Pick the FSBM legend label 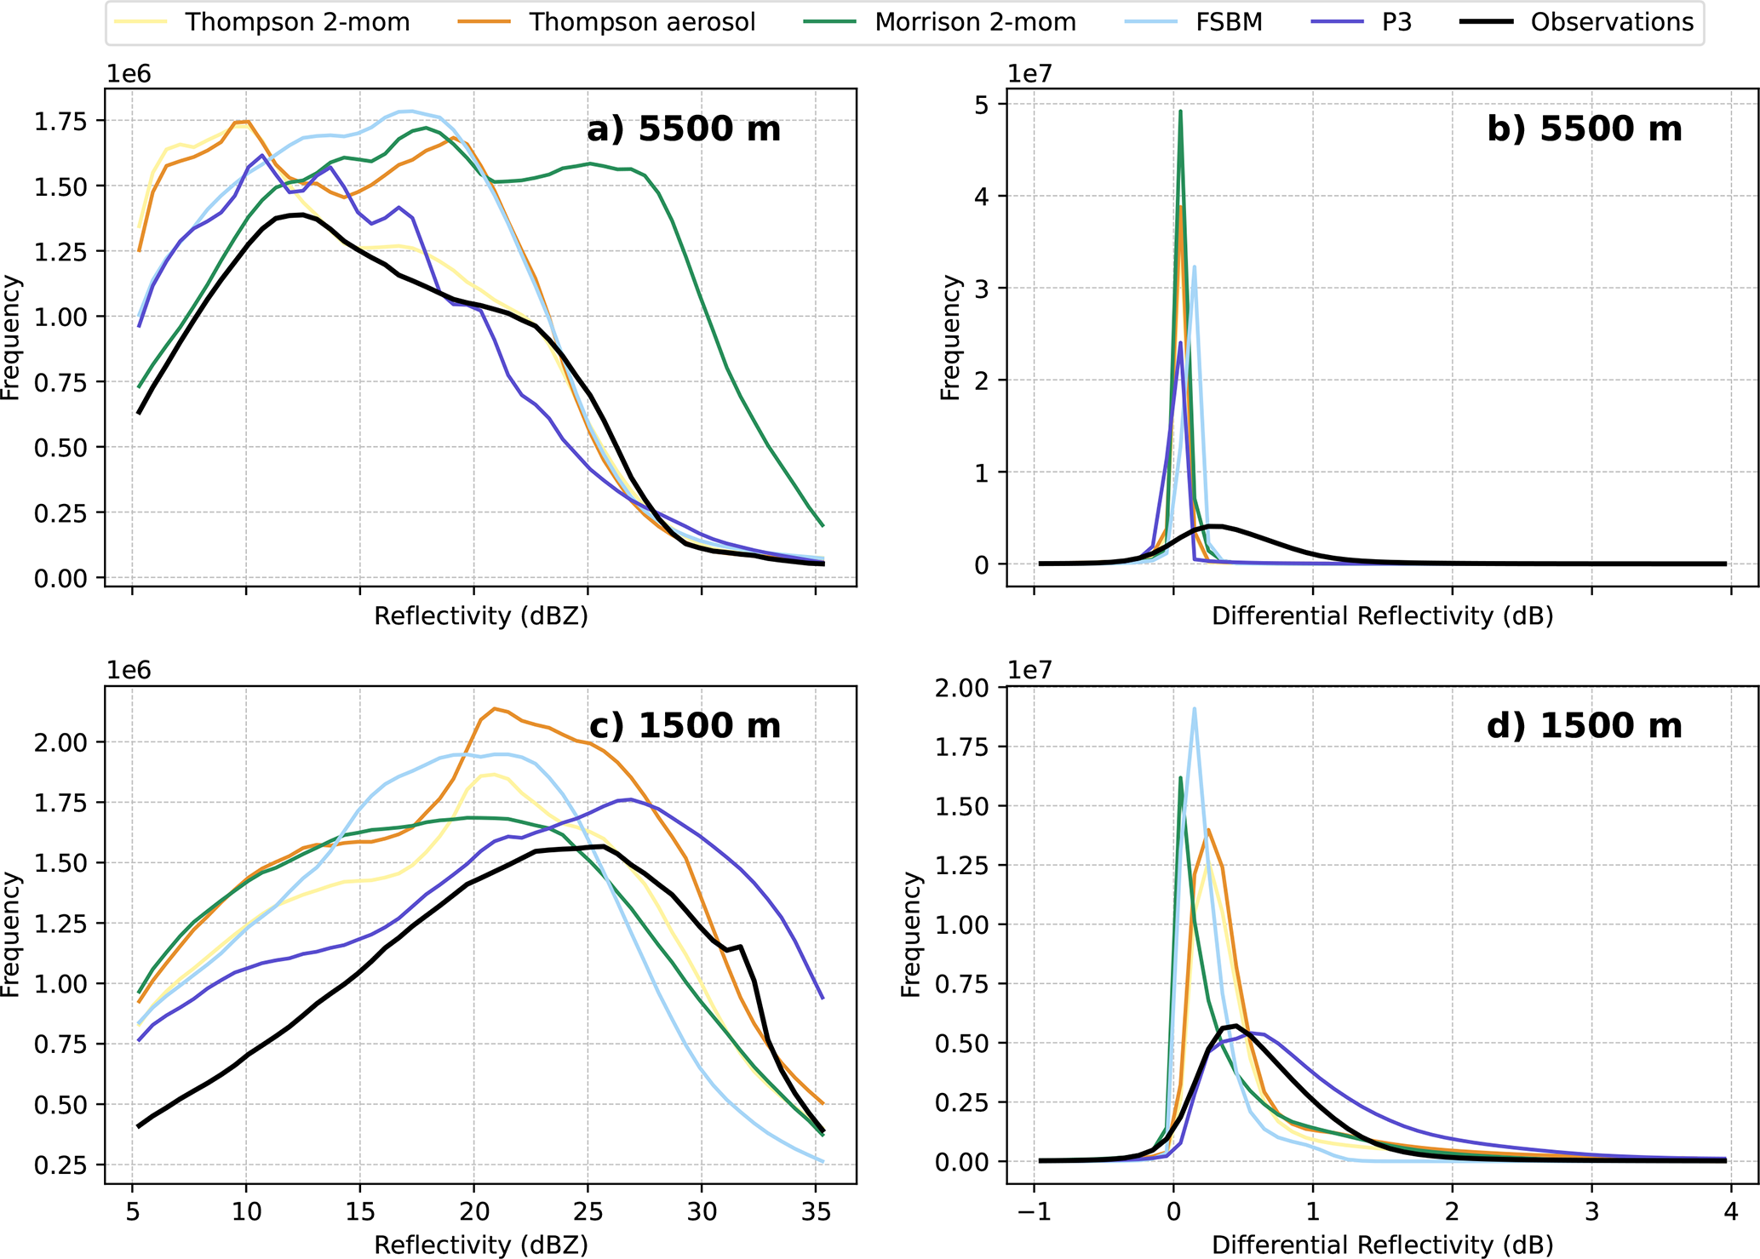point(1229,22)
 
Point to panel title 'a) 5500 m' point(684,129)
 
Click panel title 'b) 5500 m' point(1585,129)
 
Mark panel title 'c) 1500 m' point(684,725)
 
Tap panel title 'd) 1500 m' point(1585,725)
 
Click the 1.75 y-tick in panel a point(60,121)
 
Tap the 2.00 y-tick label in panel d point(963,687)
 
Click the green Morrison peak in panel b point(1180,112)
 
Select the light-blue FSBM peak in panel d point(1194,709)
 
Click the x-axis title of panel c point(481,1245)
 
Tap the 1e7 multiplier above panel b point(1030,74)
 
